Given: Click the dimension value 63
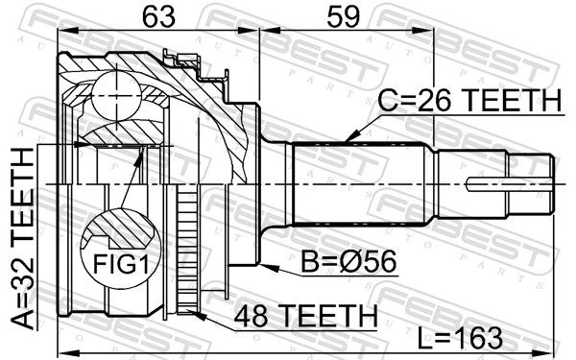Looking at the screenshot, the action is [159, 17].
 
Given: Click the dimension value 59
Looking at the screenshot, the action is [343, 17].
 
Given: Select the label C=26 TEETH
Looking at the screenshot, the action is [469, 100].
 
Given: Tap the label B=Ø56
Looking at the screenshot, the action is [348, 261].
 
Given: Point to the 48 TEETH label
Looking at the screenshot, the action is [306, 315].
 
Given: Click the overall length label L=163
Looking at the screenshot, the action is [460, 338].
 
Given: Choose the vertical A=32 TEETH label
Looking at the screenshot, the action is [23, 238].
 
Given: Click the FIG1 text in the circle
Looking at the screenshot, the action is [121, 264].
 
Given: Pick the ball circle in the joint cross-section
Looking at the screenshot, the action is [116, 95].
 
